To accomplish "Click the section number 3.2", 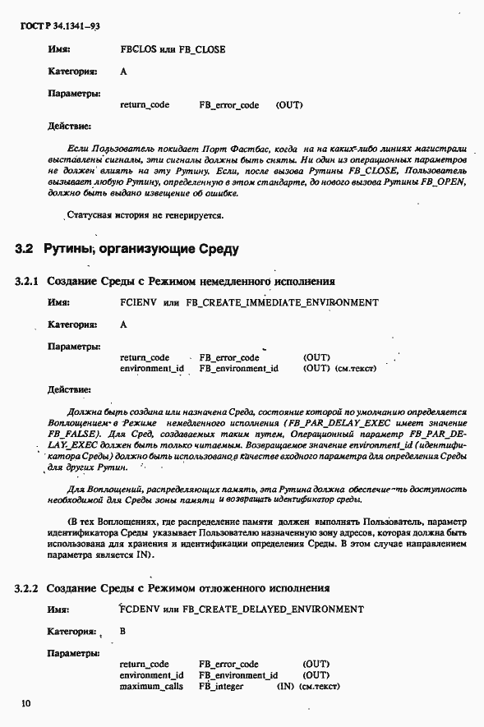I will [x=24, y=247].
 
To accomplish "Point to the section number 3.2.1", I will [x=27, y=281].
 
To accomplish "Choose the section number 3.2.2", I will [x=27, y=588].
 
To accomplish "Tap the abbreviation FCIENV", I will [x=138, y=302].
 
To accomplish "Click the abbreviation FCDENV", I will [x=138, y=610].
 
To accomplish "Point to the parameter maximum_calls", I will [x=151, y=686].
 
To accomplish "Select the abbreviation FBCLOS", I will [x=138, y=49].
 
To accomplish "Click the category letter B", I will [x=123, y=632].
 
